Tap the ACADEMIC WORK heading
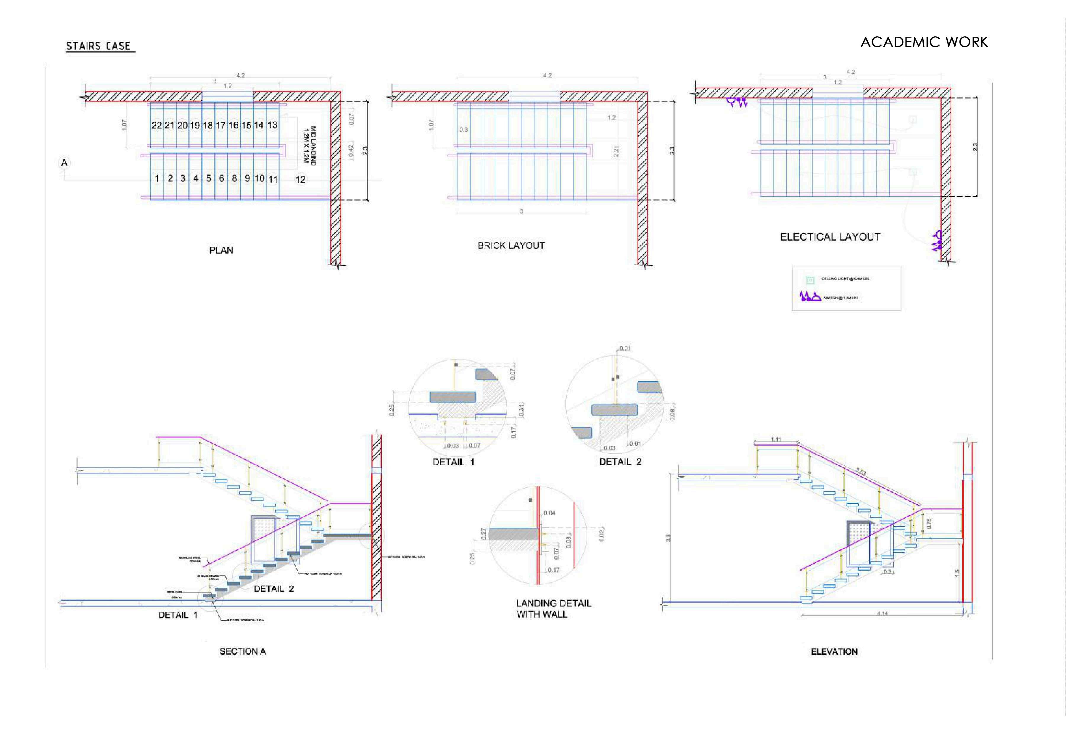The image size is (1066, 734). click(x=924, y=42)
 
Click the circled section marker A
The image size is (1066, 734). click(x=65, y=163)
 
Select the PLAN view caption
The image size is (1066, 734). click(x=221, y=250)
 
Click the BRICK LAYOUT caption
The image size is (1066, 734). click(x=511, y=246)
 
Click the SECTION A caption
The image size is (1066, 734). click(x=243, y=651)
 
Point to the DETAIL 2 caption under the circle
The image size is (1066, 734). click(x=620, y=462)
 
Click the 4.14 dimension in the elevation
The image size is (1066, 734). click(x=882, y=613)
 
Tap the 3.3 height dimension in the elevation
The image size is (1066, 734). click(x=669, y=537)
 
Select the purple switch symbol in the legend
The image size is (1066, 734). click(x=810, y=297)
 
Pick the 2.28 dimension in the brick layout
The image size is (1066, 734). click(x=616, y=151)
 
